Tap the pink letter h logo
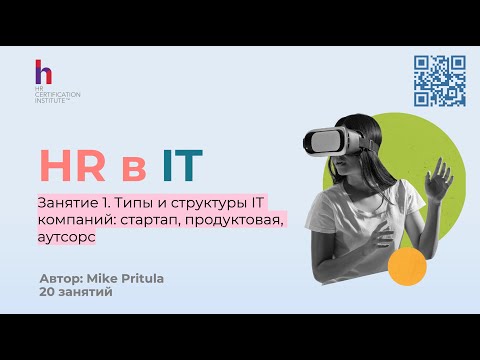42,73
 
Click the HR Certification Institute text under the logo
57,96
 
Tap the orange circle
407,266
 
